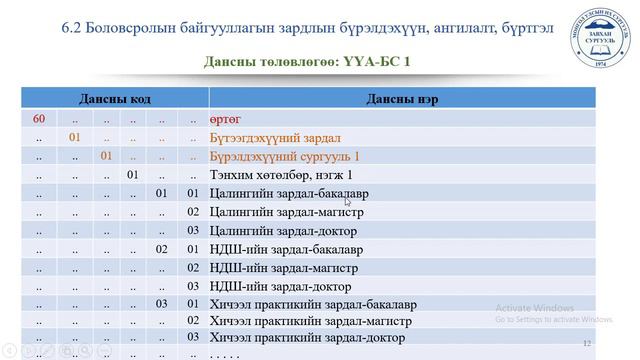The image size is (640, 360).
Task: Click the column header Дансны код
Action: point(115,99)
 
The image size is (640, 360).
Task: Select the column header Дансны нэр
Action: point(401,99)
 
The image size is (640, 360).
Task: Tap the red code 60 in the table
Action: point(39,119)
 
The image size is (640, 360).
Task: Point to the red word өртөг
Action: point(225,119)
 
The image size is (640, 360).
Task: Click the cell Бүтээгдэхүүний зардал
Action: point(275,138)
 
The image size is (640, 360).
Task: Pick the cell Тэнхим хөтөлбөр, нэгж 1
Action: point(272,175)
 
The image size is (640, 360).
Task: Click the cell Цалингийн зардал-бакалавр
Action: point(284,193)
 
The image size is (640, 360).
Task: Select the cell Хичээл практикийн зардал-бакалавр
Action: point(312,304)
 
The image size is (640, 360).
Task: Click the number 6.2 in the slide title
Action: point(77,27)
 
